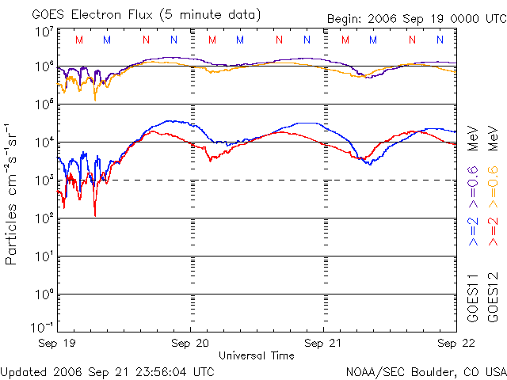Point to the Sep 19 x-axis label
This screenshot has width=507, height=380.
pos(57,343)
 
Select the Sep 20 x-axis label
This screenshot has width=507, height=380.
pos(191,343)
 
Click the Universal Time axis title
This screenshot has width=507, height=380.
pos(256,355)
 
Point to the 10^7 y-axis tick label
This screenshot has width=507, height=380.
pos(44,32)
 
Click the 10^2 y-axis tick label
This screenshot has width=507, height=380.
pos(44,218)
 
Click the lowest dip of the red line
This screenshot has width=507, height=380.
pos(95,215)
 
